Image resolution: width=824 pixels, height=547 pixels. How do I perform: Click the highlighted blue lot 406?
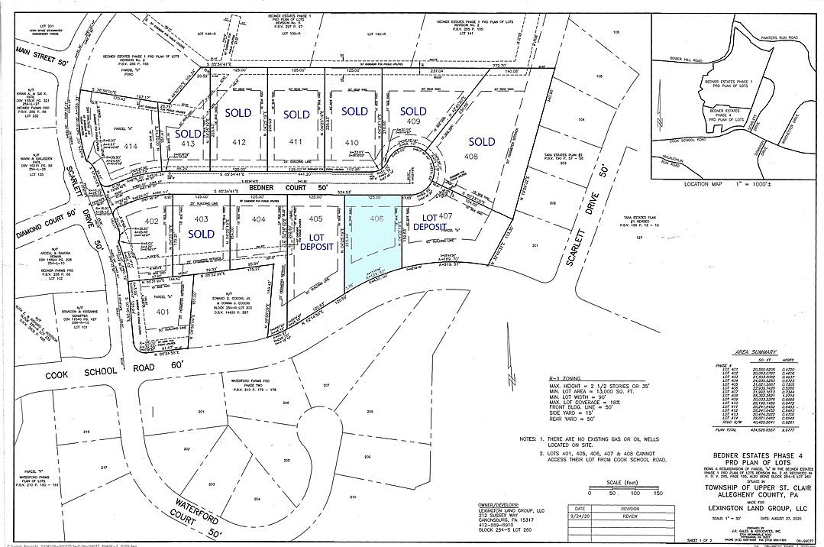pyautogui.click(x=374, y=237)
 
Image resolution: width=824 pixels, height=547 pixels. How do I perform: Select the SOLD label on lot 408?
pyautogui.click(x=482, y=141)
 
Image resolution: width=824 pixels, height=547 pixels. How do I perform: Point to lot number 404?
pyautogui.click(x=259, y=219)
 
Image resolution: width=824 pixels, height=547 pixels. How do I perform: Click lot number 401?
pyautogui.click(x=162, y=312)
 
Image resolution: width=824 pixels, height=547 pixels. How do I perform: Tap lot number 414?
pyautogui.click(x=131, y=146)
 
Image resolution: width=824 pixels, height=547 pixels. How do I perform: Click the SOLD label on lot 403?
pyautogui.click(x=201, y=233)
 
